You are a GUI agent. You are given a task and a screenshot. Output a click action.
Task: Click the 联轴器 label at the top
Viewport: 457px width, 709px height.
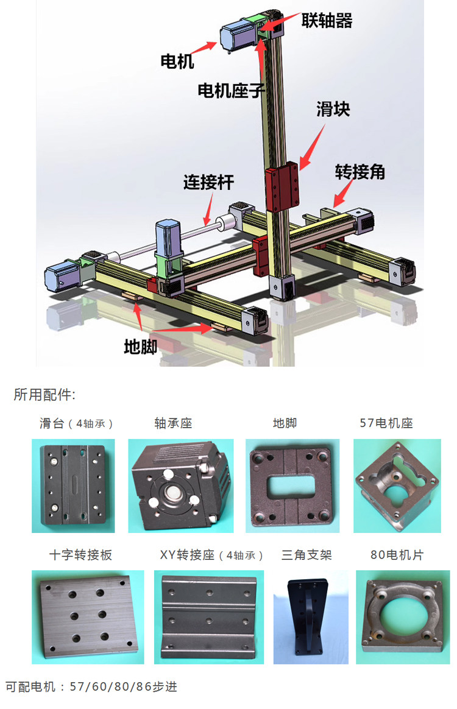pyautogui.click(x=327, y=21)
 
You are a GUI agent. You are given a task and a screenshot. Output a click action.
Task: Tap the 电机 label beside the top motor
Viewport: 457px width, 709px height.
pyautogui.click(x=177, y=61)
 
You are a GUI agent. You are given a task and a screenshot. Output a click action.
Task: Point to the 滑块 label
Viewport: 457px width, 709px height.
pyautogui.click(x=333, y=110)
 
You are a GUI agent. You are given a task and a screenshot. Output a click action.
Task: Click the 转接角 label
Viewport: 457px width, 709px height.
pyautogui.click(x=360, y=172)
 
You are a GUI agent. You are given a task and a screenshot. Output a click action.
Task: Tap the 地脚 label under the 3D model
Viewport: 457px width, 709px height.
pyautogui.click(x=141, y=347)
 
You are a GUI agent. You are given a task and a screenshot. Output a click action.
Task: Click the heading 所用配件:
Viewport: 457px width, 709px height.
pyautogui.click(x=44, y=395)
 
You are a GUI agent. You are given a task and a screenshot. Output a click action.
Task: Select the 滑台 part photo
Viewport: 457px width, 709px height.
pyautogui.click(x=73, y=485)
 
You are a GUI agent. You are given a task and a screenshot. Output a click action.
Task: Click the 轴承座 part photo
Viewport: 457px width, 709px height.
pyautogui.click(x=181, y=485)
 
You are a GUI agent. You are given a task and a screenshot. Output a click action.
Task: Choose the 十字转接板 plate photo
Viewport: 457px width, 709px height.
pyautogui.click(x=88, y=617)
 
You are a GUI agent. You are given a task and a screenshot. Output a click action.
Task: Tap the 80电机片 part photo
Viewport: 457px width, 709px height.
pyautogui.click(x=402, y=617)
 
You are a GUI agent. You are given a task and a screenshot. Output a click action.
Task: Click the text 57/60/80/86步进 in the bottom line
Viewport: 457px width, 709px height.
pyautogui.click(x=124, y=686)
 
